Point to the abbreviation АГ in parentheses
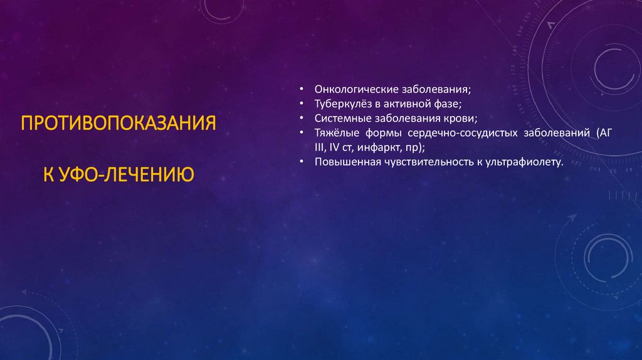point(604,133)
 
